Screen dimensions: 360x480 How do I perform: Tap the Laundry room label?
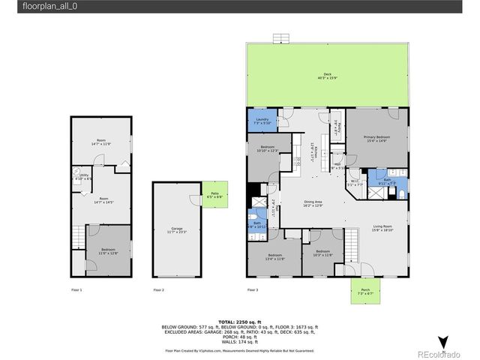[262, 121]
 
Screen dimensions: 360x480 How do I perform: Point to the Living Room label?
[382, 229]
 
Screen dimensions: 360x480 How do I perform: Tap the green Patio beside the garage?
[214, 195]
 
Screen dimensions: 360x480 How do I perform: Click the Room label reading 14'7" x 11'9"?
[100, 142]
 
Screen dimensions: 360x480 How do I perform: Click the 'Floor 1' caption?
[76, 289]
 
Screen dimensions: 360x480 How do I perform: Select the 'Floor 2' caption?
[159, 289]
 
